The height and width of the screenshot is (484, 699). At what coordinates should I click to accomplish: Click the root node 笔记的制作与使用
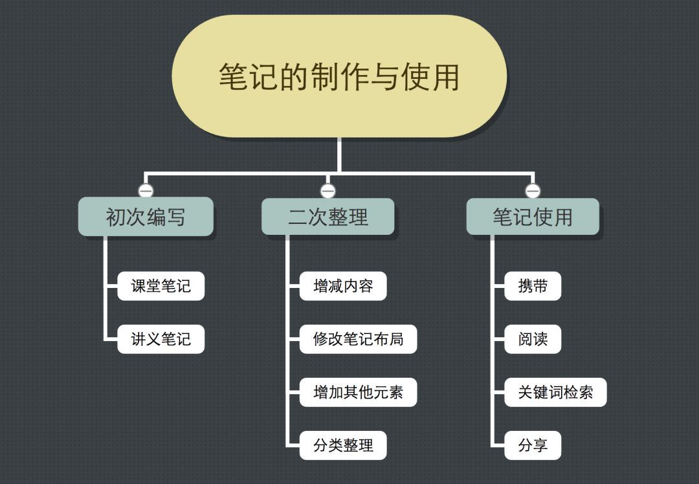pos(339,76)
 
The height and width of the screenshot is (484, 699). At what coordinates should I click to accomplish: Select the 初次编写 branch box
pos(146,217)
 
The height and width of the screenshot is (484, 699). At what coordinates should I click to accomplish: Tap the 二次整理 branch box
pos(327,217)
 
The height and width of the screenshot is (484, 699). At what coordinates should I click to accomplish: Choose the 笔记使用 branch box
pos(533,217)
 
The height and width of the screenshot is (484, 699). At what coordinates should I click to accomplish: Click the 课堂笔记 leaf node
pos(161,286)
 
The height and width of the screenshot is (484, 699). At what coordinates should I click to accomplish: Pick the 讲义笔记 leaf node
pos(161,339)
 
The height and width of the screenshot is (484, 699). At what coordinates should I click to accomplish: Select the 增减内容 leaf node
pos(343,286)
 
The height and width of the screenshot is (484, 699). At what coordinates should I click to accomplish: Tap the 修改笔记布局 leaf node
pos(358,339)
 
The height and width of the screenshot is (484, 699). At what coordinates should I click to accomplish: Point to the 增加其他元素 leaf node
pos(358,392)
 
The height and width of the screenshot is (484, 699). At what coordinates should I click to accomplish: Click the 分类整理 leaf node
pos(343,445)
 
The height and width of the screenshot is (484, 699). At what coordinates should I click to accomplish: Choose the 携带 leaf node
pos(533,286)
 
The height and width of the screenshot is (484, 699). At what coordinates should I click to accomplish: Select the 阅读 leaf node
pos(533,339)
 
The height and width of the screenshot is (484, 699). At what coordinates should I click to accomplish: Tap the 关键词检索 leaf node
pos(555,392)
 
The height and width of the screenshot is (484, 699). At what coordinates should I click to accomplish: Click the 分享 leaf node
pos(533,445)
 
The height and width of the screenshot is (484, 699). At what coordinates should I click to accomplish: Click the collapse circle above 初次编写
pos(146,191)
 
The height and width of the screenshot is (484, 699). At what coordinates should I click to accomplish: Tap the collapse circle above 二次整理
pos(327,191)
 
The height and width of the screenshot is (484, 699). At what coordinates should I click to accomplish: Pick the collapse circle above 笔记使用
pos(533,191)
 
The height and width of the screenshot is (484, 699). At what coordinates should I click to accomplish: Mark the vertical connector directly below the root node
pos(339,155)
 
